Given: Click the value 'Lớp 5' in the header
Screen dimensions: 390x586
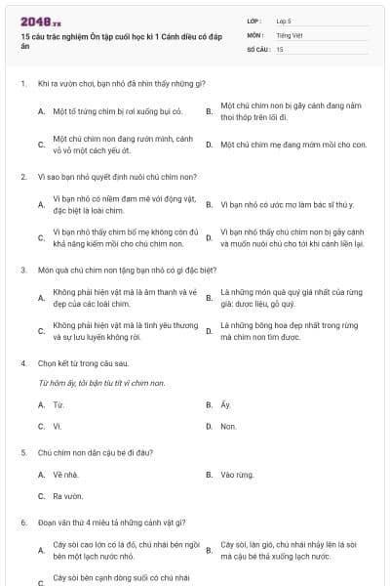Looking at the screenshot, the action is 284,21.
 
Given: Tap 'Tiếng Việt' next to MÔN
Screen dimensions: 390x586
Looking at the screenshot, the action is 289,34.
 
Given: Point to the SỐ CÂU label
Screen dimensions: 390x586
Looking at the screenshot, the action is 257,48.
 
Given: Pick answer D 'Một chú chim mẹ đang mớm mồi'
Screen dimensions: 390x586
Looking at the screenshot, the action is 293,144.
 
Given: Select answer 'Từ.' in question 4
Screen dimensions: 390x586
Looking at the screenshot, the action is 59,403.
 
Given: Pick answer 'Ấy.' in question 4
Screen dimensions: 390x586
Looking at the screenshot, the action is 226,403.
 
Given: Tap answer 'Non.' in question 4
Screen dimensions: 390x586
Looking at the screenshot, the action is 228,426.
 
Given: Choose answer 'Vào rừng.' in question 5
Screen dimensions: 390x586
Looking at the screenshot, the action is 236,474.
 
